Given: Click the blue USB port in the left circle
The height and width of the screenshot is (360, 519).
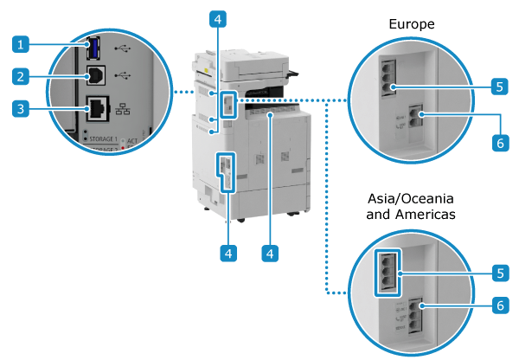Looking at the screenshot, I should tap(93, 45).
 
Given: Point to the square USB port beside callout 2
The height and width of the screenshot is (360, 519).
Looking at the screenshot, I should tap(95, 75).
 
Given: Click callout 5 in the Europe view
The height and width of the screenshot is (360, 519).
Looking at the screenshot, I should tap(499, 87).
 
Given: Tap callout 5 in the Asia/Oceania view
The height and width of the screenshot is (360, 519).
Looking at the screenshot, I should tap(499, 273).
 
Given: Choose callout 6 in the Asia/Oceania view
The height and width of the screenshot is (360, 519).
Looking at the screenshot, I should tap(499, 306).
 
